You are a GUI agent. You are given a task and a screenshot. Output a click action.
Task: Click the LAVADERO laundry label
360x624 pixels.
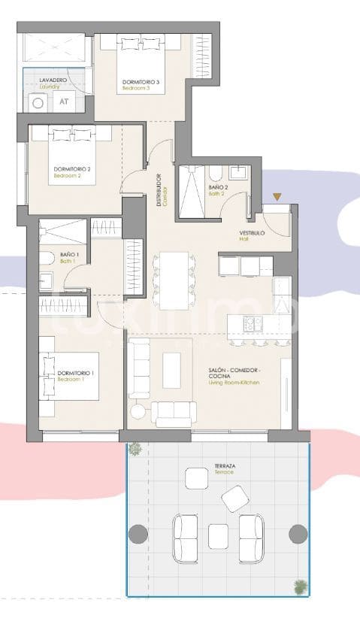43,81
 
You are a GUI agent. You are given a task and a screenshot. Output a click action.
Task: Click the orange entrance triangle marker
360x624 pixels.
277,197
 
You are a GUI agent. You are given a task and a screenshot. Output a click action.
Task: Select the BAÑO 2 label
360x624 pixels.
218,189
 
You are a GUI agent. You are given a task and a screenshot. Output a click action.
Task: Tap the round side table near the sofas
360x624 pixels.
138,411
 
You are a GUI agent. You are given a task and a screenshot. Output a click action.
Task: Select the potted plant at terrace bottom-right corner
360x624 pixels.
300,586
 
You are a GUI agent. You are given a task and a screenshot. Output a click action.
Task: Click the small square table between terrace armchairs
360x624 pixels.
218,535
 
